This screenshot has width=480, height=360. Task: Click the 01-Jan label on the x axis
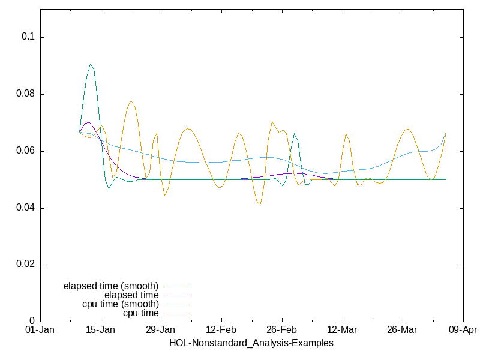[40, 331]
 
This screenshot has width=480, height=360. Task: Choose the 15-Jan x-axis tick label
[100, 331]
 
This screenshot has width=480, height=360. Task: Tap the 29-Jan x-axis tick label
[161, 331]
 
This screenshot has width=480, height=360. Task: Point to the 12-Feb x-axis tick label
[221, 331]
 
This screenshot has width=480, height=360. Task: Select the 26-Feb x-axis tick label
[281, 331]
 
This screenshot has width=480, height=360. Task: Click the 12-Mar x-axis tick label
[342, 331]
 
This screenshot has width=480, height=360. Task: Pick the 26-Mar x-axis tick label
[402, 331]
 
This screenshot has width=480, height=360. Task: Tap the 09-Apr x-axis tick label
[463, 331]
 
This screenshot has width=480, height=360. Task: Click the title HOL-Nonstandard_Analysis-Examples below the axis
[251, 343]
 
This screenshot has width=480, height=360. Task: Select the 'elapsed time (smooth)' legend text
[111, 286]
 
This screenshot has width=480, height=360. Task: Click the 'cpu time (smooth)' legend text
[121, 304]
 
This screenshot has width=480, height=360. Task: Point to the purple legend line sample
[176, 286]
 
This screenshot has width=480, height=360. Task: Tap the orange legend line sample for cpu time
[176, 313]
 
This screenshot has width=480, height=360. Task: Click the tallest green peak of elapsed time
[91, 64]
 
